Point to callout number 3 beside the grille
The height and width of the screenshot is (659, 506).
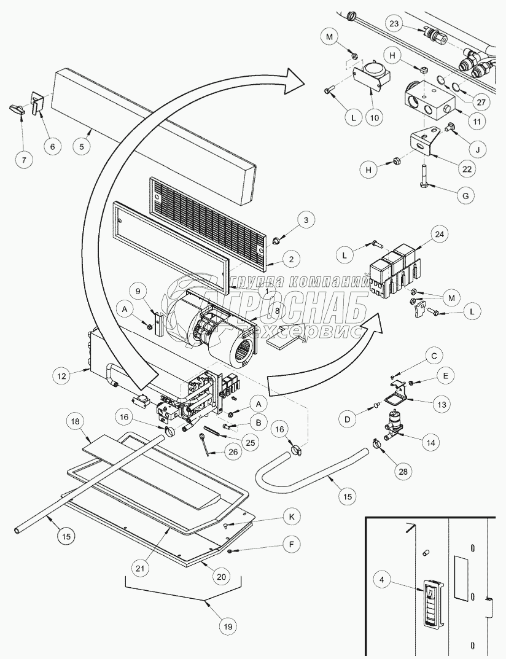tap(306, 219)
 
